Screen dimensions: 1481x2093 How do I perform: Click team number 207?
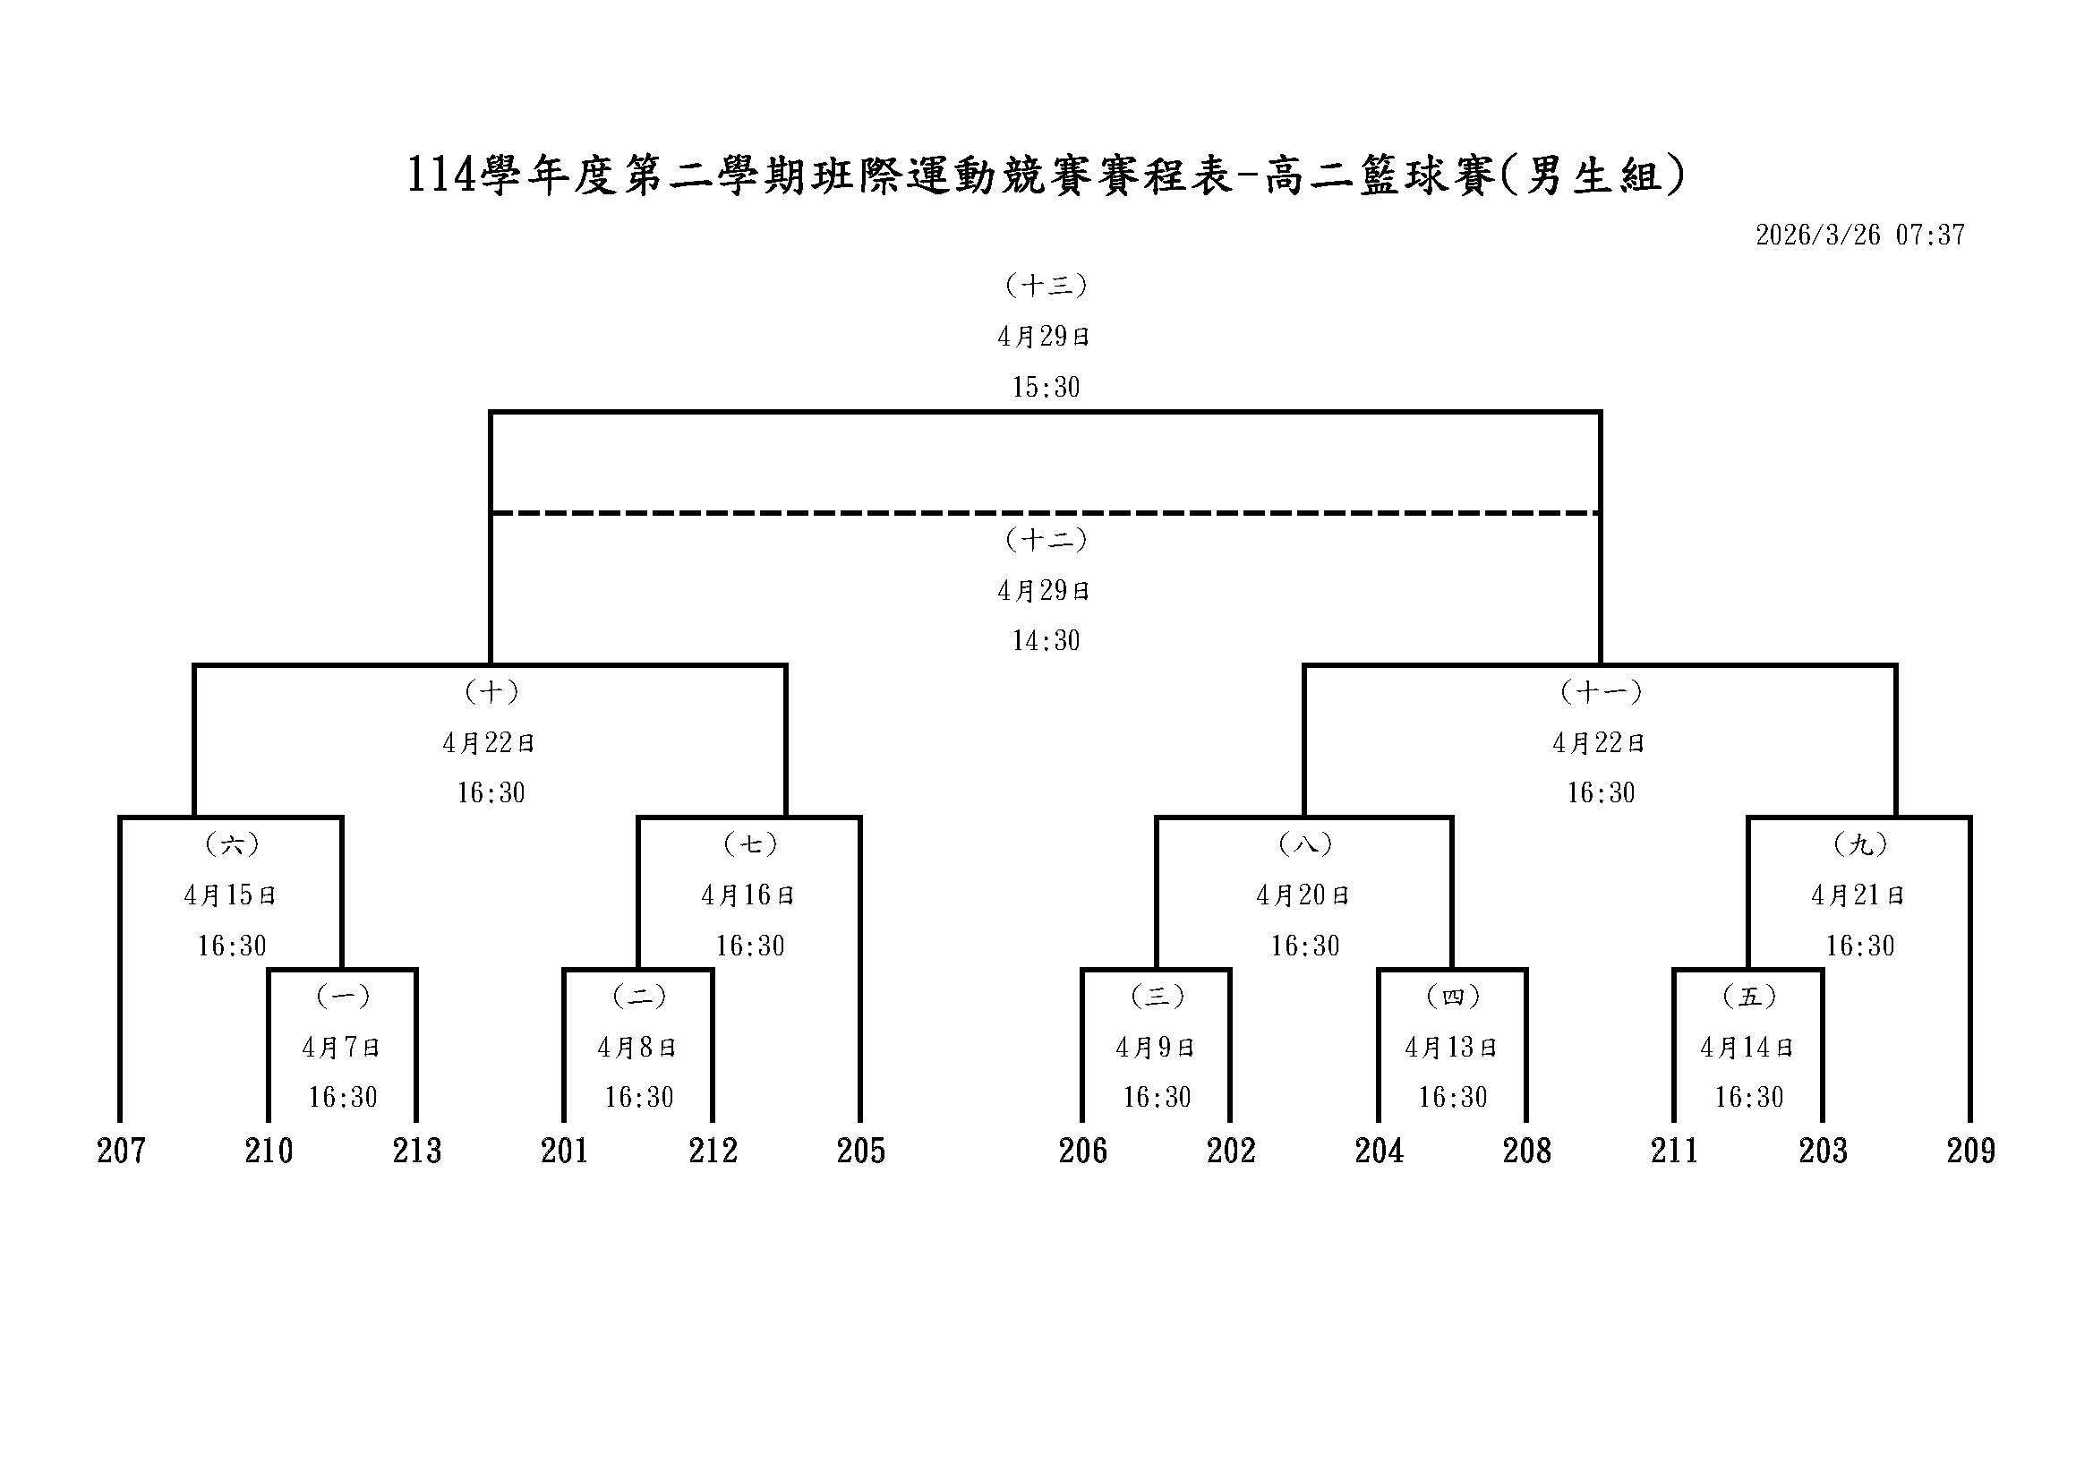pyautogui.click(x=121, y=1151)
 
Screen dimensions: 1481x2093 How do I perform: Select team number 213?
pyautogui.click(x=417, y=1151)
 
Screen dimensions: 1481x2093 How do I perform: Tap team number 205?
pyautogui.click(x=860, y=1151)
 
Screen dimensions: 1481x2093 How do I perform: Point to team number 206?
pyautogui.click(x=1083, y=1151)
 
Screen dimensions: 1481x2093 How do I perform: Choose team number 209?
pyautogui.click(x=1971, y=1151)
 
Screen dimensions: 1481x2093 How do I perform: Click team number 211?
pyautogui.click(x=1675, y=1151)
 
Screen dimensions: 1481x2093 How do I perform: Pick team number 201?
pyautogui.click(x=565, y=1151)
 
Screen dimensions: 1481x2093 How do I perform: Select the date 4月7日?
pyautogui.click(x=342, y=1048)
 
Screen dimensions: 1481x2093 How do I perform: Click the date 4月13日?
pyautogui.click(x=1452, y=1048)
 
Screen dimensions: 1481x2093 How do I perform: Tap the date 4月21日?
pyautogui.click(x=1858, y=895)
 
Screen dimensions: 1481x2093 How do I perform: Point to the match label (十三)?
pyautogui.click(x=1046, y=286)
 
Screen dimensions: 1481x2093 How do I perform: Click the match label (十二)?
pyautogui.click(x=1046, y=540)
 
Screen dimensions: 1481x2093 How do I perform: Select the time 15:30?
pyautogui.click(x=1046, y=388)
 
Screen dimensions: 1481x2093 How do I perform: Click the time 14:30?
pyautogui.click(x=1046, y=641)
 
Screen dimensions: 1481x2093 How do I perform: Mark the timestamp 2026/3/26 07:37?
pyautogui.click(x=1859, y=235)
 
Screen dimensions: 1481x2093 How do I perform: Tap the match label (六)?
pyautogui.click(x=232, y=844)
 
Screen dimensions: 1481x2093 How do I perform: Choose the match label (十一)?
pyautogui.click(x=1601, y=692)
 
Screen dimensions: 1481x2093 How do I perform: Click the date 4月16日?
pyautogui.click(x=748, y=895)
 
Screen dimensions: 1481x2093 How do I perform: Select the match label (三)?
pyautogui.click(x=1157, y=997)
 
